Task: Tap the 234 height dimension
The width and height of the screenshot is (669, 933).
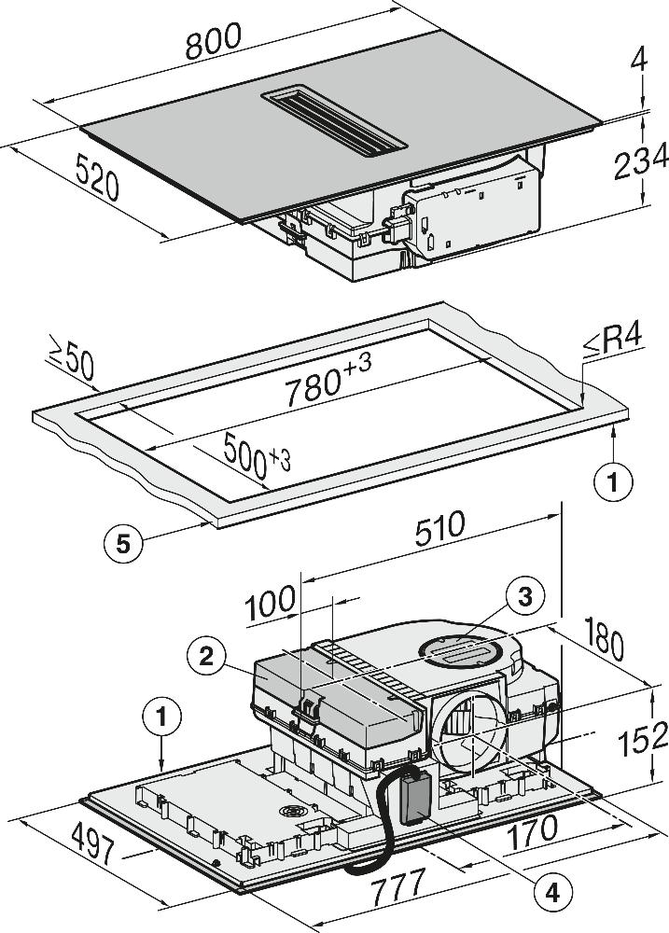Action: pos(641,165)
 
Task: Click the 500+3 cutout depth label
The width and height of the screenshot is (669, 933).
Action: pos(257,459)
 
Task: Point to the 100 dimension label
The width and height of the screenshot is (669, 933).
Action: pos(271,606)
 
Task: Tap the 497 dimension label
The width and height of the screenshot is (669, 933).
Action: pos(91,852)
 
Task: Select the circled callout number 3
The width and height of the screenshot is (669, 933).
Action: pos(524,597)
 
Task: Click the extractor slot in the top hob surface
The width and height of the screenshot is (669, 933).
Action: pos(337,121)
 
